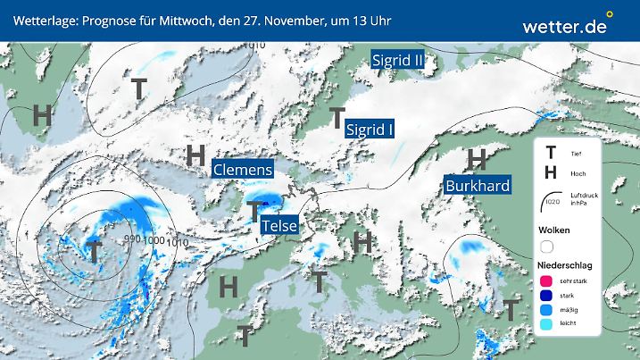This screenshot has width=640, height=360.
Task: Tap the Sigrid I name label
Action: pyautogui.click(x=370, y=130)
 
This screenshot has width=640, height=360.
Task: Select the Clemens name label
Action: pyautogui.click(x=242, y=169)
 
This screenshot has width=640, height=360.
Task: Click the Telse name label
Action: pyautogui.click(x=278, y=227)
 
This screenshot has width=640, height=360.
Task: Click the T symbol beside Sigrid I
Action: pyautogui.click(x=337, y=117)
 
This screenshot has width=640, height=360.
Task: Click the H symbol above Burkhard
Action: pyautogui.click(x=478, y=159)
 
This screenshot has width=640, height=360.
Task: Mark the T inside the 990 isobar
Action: pyautogui.click(x=92, y=252)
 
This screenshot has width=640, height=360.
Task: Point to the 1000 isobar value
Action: pyautogui.click(x=154, y=240)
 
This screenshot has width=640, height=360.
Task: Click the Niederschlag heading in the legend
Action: pyautogui.click(x=564, y=265)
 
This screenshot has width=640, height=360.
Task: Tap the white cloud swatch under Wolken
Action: pyautogui.click(x=547, y=246)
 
